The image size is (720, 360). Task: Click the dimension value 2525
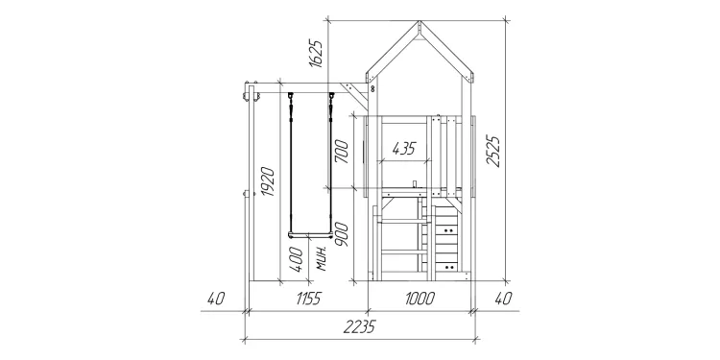tap(493, 151)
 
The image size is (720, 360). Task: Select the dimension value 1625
tap(316, 54)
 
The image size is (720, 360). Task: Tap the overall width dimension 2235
tap(360, 326)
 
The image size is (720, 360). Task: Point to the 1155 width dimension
tap(307, 299)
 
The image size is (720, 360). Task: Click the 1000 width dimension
tap(420, 299)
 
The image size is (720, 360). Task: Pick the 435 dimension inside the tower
tap(403, 148)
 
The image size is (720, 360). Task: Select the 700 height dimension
tap(342, 152)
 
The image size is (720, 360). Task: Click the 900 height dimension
tap(342, 234)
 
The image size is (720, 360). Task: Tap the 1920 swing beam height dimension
tap(268, 181)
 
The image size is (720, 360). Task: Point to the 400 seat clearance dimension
tap(297, 259)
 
